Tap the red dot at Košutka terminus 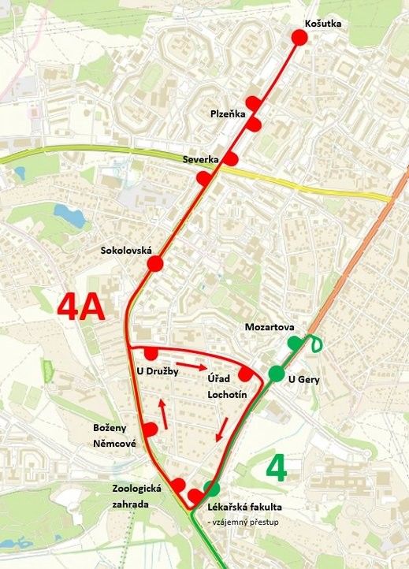point(299,37)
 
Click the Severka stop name point(200,159)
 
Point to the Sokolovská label point(126,251)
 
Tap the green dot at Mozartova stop point(295,343)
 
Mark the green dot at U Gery point(276,374)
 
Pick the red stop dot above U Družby point(151,354)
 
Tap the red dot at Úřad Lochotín point(245,374)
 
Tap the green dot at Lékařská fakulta point(210,488)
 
